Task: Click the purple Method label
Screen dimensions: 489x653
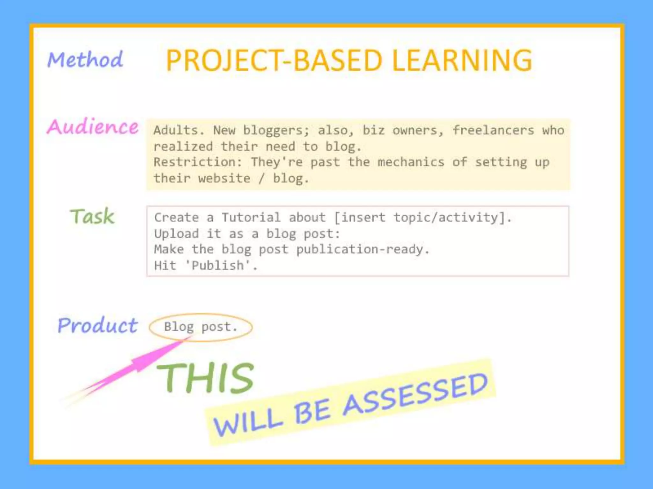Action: point(85,60)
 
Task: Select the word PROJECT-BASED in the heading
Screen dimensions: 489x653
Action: point(274,60)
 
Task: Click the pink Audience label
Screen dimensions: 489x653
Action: point(92,127)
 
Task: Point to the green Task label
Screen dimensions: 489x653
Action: point(92,216)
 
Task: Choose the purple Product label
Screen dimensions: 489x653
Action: point(98,326)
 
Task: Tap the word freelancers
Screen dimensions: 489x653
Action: point(493,130)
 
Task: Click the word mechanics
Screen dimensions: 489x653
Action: point(411,162)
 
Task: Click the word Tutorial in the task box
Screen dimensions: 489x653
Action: point(251,217)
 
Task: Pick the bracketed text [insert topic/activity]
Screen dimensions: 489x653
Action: point(422,217)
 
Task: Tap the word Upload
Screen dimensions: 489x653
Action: point(176,234)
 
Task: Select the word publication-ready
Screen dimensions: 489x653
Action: point(363,249)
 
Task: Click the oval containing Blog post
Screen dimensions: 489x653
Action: point(201,327)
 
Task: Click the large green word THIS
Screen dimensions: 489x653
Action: point(206,378)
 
